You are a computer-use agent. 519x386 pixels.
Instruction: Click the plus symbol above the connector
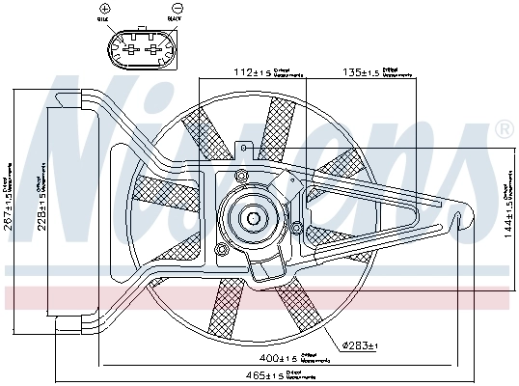(x=129, y=9)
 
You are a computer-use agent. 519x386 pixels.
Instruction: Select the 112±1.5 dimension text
(x=251, y=71)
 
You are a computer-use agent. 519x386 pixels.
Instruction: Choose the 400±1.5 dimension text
(x=279, y=358)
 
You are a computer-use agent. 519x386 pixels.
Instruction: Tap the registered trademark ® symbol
(x=503, y=129)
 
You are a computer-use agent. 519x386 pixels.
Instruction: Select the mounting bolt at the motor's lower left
(x=224, y=254)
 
